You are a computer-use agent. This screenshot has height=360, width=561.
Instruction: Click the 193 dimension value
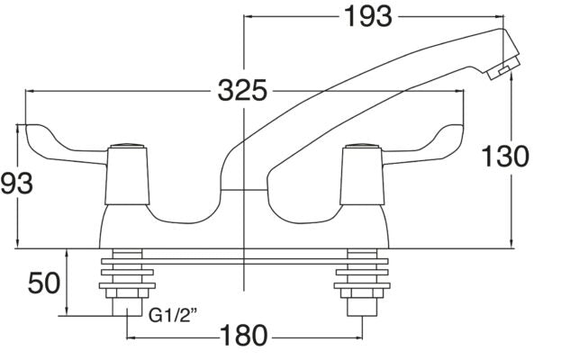pos(368,16)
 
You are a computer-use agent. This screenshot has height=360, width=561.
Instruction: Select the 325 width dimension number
pos(244,92)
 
